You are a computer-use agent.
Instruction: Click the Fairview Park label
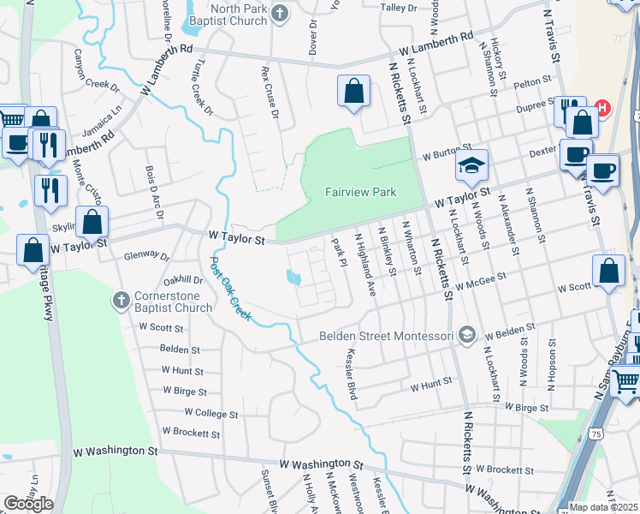coord(360,193)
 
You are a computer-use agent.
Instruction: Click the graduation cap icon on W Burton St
coord(471,167)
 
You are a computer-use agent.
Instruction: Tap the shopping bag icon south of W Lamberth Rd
coord(353,93)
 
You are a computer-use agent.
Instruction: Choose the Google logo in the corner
coord(28,504)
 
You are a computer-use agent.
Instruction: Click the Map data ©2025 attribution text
coord(604,507)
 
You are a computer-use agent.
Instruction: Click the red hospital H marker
coord(602,109)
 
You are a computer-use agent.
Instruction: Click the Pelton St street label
coord(533,82)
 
